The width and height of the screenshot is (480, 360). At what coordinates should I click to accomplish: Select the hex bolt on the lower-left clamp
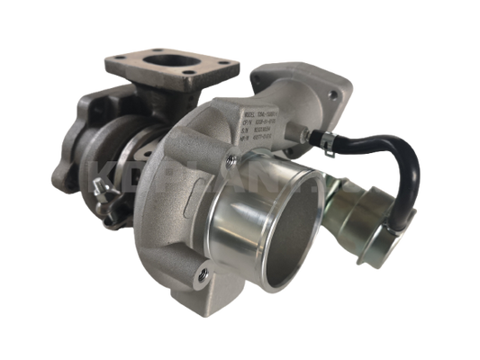104,194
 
